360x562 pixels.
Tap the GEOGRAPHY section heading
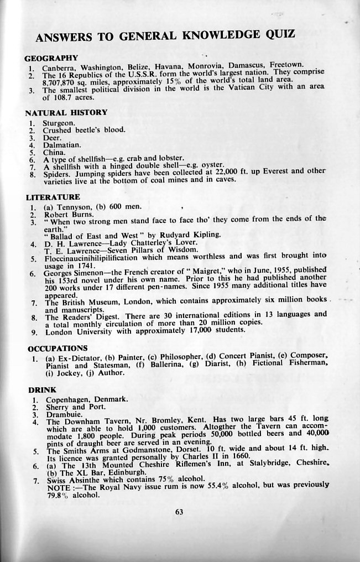[x=52, y=58]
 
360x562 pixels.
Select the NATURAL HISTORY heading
[x=66, y=112]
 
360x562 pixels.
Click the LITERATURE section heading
[x=53, y=197]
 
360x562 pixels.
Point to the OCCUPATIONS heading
[x=58, y=348]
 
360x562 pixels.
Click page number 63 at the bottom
[x=179, y=512]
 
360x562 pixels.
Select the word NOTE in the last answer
[x=57, y=486]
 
